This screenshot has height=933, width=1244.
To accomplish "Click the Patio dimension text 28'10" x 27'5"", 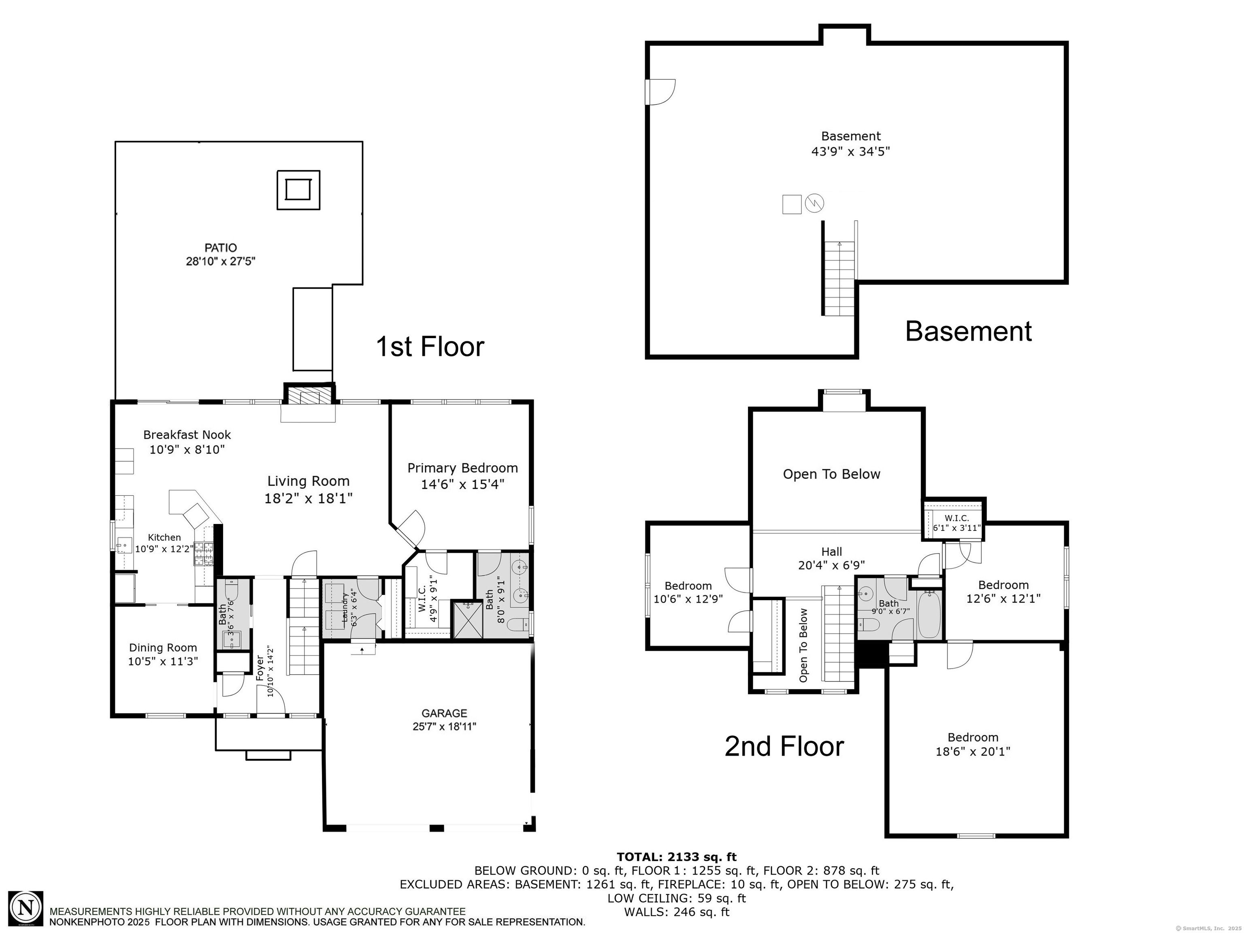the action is pos(221,262).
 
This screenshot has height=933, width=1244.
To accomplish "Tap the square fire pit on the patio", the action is pos(298,190).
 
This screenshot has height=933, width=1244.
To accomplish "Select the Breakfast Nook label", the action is pos(187,435).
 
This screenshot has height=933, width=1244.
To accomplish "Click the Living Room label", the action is pos(308,481).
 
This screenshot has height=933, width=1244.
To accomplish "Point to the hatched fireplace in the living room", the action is pos(309,395).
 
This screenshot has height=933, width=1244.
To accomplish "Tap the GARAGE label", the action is pos(444,714).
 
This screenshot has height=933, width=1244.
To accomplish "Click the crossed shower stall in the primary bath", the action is pos(468,619).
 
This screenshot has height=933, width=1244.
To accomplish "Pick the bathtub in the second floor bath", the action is pos(929,614).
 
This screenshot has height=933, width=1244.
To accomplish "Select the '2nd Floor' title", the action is pos(784,746).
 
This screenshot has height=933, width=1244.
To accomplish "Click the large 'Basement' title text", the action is pos(968,331).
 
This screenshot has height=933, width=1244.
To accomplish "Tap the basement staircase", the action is pos(839,278).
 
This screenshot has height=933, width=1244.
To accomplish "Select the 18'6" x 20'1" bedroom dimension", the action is pos(973,751).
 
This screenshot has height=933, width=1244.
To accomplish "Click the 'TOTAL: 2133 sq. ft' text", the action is pos(677,857).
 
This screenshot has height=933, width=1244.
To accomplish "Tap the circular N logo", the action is pos(25,908).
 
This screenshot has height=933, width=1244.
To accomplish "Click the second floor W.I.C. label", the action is pos(956,518).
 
